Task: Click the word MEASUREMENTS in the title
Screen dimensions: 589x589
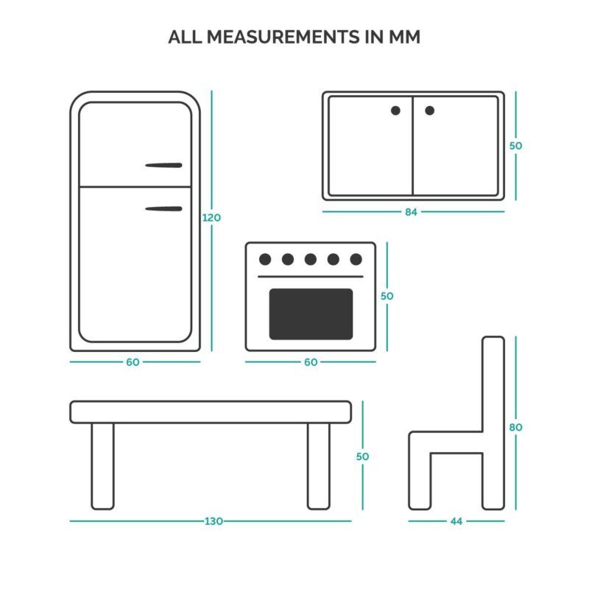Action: click(283, 37)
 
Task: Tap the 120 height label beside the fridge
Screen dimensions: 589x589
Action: click(211, 217)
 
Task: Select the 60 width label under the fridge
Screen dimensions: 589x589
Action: click(133, 362)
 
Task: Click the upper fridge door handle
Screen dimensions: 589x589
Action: click(163, 165)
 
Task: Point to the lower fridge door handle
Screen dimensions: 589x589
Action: click(163, 209)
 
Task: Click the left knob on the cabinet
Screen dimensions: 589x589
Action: click(395, 110)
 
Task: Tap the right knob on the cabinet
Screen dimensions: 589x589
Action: click(430, 110)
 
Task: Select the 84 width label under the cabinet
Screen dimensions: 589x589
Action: click(411, 212)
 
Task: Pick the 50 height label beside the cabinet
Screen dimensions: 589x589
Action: click(516, 146)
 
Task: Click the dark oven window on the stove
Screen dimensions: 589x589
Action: click(311, 314)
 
